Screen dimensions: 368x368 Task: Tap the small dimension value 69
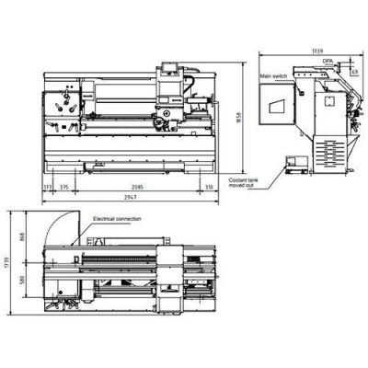coord(355,69)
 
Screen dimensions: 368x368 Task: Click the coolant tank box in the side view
coord(295,167)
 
